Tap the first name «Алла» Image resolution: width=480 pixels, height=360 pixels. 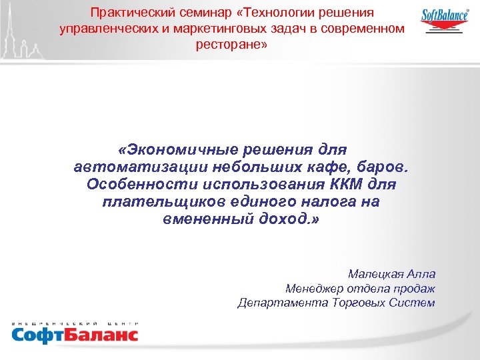(421, 274)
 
